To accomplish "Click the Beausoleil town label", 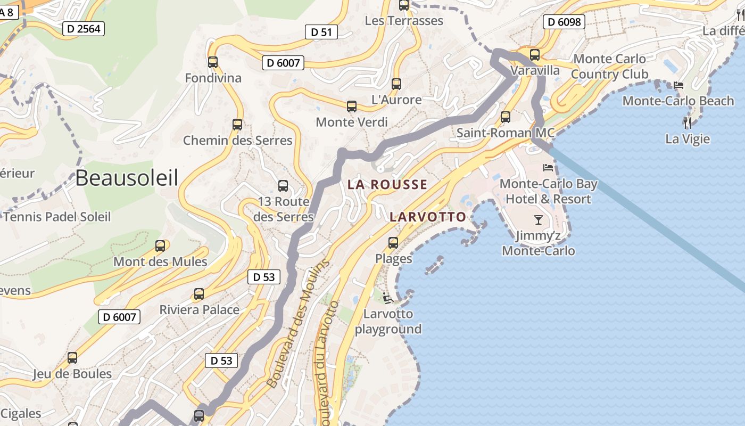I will click(x=127, y=178).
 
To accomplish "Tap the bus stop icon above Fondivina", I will click(x=213, y=62).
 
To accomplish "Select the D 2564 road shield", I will click(x=84, y=29).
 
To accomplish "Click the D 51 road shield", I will click(x=321, y=32).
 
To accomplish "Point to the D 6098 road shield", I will click(x=564, y=22).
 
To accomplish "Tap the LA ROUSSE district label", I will click(x=387, y=185).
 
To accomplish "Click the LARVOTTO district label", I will click(x=428, y=217).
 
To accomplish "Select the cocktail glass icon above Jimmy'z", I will click(x=539, y=219).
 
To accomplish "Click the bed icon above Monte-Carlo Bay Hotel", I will click(x=548, y=168).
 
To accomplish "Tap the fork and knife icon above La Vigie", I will click(x=688, y=123).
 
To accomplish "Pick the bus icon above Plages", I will click(x=393, y=243).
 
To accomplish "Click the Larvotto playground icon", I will click(x=388, y=298).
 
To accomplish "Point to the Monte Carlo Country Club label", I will click(x=610, y=67).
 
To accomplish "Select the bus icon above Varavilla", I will click(x=535, y=55).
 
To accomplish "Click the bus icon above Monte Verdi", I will click(x=352, y=106).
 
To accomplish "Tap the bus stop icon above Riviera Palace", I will click(x=199, y=294).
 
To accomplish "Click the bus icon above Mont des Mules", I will click(x=160, y=246).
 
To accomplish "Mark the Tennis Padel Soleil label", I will click(x=57, y=217).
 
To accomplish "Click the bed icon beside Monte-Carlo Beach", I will click(x=678, y=85).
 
